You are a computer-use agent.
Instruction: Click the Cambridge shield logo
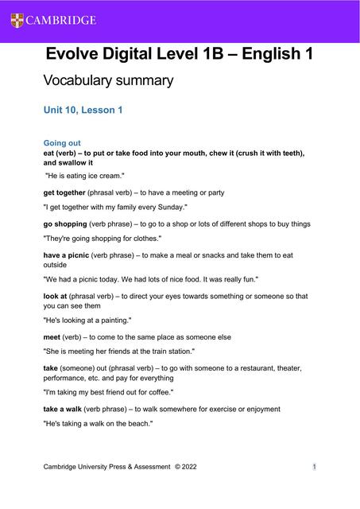[17, 20]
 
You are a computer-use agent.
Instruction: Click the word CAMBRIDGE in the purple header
[60, 20]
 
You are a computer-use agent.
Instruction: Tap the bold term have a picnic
[68, 255]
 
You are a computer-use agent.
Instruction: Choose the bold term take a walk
[67, 409]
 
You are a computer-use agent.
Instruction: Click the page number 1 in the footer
[315, 467]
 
